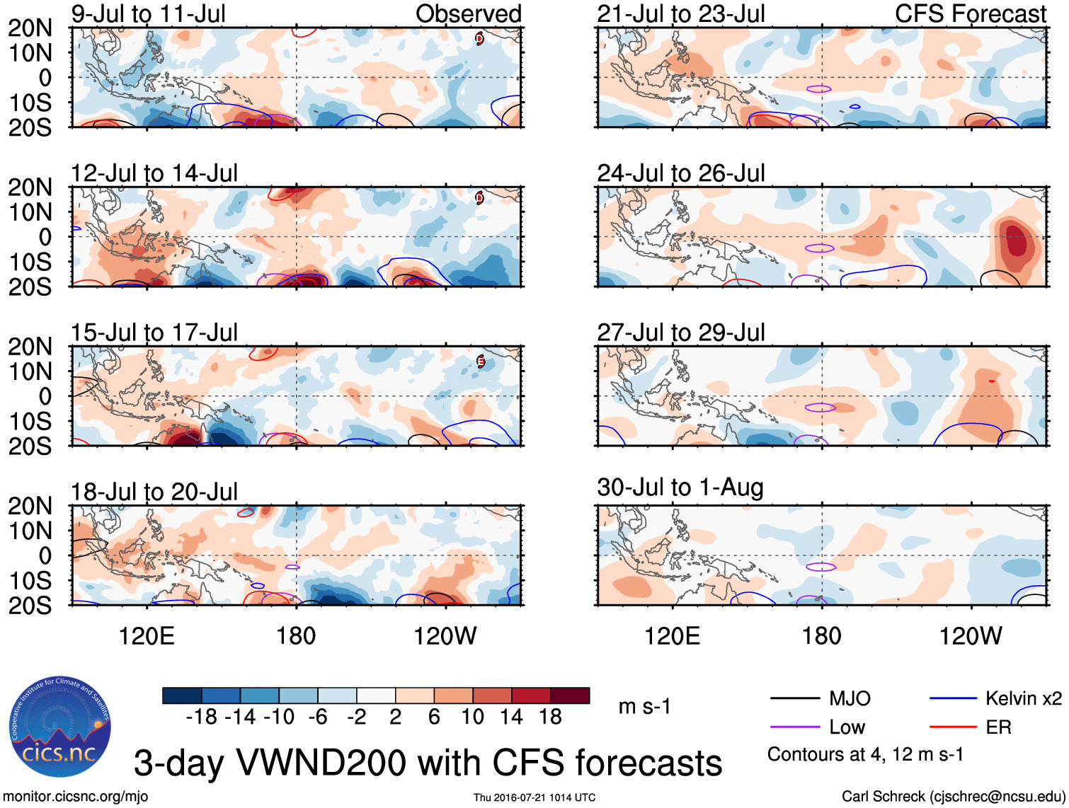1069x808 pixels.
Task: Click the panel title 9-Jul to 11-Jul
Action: [x=148, y=13]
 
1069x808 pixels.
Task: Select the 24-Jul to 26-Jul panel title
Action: [x=680, y=173]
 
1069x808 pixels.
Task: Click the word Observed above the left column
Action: [x=468, y=13]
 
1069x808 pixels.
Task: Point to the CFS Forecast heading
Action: [x=970, y=13]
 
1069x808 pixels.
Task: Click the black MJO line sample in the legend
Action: [x=794, y=699]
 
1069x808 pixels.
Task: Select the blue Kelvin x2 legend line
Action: [x=953, y=699]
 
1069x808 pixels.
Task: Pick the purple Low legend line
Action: [x=794, y=727]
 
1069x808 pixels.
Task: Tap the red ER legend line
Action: [x=953, y=727]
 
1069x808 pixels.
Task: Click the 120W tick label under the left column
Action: [x=445, y=636]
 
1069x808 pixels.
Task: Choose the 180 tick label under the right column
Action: [x=821, y=636]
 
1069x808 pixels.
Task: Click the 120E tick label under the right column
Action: [x=672, y=636]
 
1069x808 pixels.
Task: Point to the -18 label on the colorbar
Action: [x=201, y=717]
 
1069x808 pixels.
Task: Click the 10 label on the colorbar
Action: [x=472, y=717]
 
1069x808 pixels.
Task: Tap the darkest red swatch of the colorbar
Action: [x=570, y=696]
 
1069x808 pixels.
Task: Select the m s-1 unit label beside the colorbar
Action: [x=644, y=706]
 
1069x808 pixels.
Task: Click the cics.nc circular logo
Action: [x=59, y=727]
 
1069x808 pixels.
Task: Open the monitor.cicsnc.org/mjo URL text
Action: [x=76, y=797]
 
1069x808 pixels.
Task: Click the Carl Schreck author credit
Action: [x=953, y=797]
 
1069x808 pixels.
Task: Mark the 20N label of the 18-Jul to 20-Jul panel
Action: [x=30, y=506]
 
